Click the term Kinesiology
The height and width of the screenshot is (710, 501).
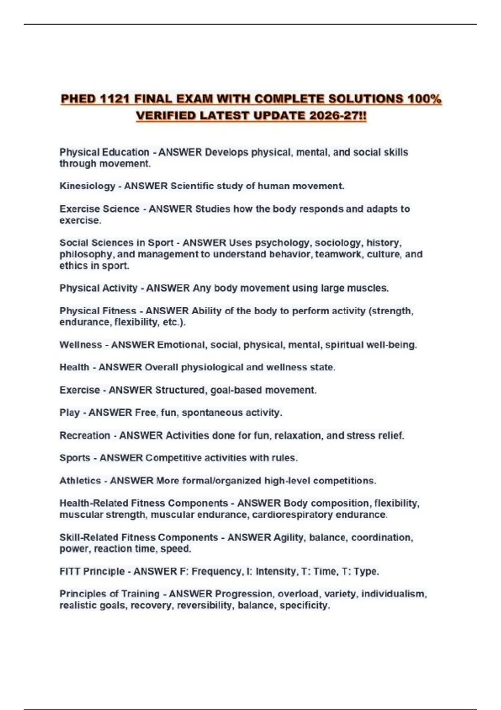tap(87, 186)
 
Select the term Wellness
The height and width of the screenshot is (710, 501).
tap(81, 345)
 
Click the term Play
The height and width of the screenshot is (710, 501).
tap(69, 413)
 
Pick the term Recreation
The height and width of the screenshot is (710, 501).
tap(85, 436)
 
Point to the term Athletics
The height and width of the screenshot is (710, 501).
tap(80, 481)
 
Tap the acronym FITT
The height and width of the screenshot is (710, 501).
tap(70, 571)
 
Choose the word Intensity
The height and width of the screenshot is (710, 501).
tap(275, 571)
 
